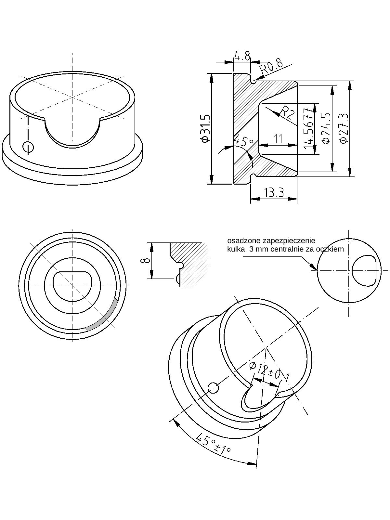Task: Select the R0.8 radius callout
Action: tap(271, 67)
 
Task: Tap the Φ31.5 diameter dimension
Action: tap(206, 128)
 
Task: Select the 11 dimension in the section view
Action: tap(278, 139)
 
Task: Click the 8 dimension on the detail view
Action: tap(146, 260)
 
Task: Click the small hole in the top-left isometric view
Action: tap(28, 147)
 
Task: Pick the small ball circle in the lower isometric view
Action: tap(213, 387)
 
